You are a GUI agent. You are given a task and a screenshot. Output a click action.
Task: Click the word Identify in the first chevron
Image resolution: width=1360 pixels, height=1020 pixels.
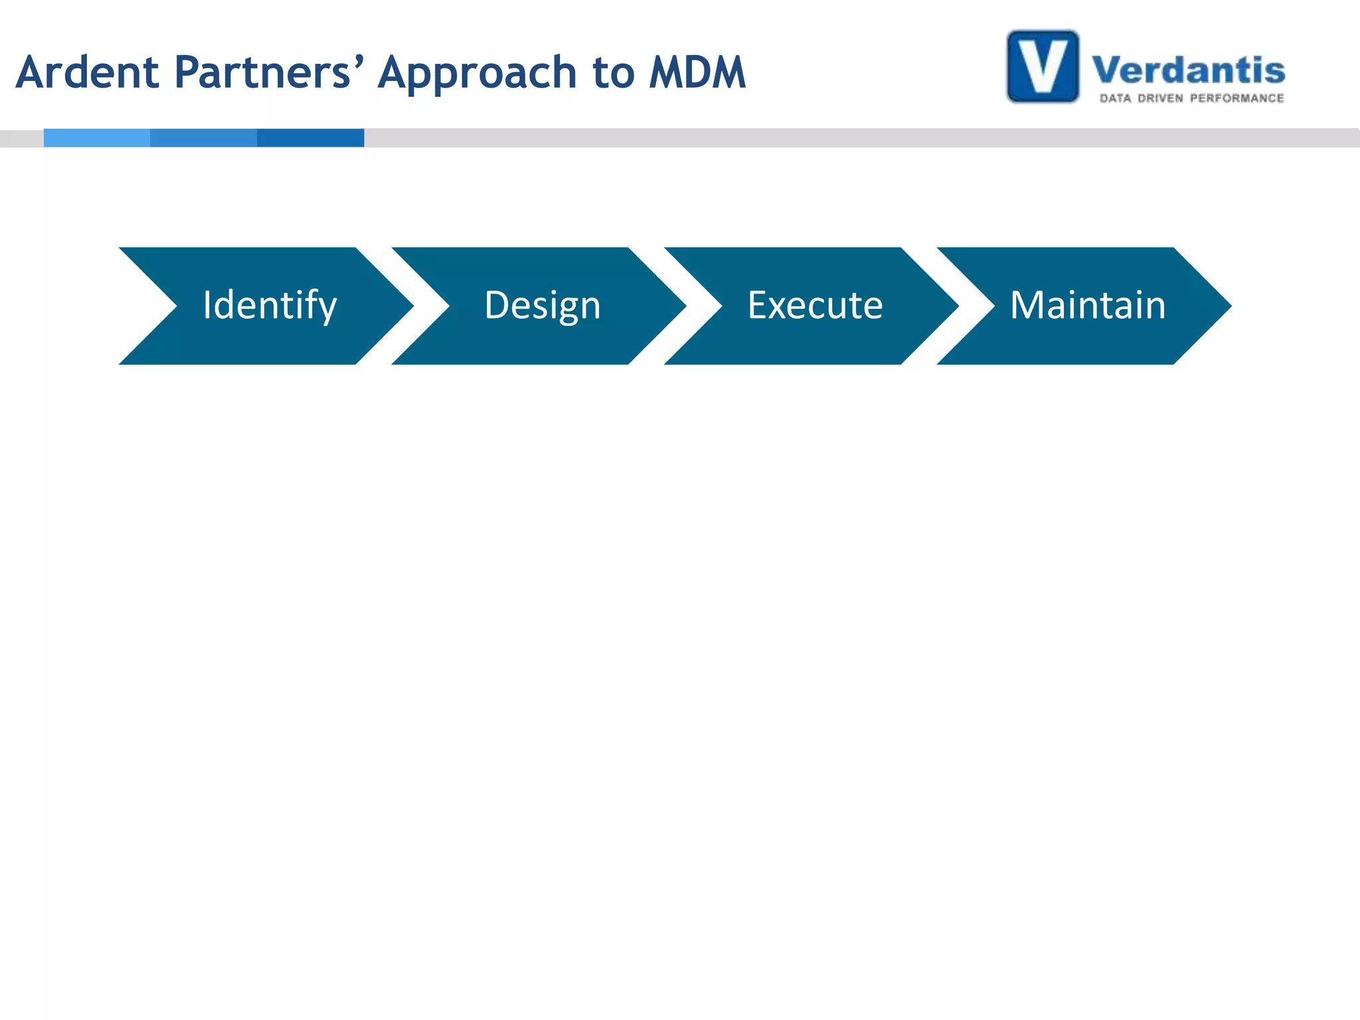[270, 305]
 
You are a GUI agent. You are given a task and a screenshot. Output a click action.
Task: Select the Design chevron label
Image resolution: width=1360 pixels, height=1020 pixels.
[543, 305]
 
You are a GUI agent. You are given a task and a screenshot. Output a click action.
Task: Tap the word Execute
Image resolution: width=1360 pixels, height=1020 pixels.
[815, 305]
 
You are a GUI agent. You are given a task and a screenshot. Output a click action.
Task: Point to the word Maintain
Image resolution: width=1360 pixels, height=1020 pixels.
[1088, 305]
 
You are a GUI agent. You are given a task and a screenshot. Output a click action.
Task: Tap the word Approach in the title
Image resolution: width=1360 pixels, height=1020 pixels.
[477, 73]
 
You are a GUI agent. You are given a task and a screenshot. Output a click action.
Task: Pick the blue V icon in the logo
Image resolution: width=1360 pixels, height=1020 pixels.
[1043, 66]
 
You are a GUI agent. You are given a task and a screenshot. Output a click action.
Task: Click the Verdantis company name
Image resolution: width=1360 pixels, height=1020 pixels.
[1189, 70]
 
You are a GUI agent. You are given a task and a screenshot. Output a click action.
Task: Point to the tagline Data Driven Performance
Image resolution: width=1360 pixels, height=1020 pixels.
[1192, 98]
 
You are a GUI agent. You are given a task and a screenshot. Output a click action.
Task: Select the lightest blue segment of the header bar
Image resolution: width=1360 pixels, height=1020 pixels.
[97, 138]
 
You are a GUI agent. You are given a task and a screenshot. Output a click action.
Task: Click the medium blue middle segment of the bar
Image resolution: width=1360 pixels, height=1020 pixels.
[203, 138]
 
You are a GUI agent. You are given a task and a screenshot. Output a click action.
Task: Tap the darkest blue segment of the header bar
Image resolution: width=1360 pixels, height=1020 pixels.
[310, 138]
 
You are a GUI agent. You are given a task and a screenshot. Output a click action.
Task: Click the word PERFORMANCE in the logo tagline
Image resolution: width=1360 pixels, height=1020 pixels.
[1236, 98]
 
